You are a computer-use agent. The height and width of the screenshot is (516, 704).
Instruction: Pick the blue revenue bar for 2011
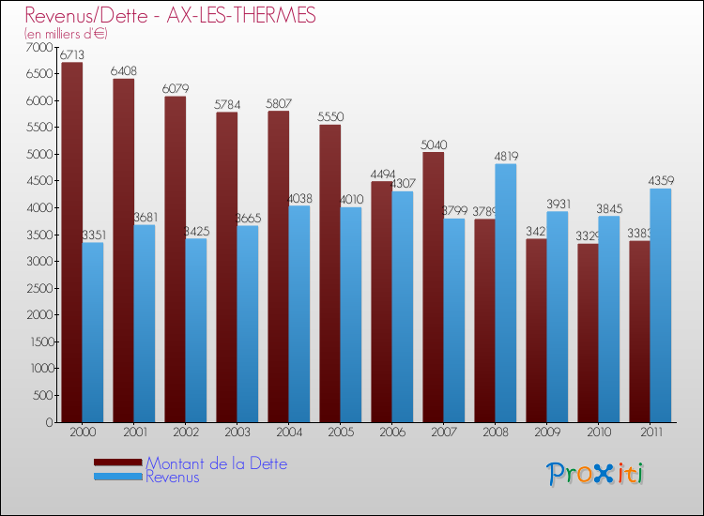tap(661, 305)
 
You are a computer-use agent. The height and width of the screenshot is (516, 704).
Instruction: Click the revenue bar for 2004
tap(299, 313)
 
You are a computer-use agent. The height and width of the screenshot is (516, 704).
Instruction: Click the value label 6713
tap(71, 55)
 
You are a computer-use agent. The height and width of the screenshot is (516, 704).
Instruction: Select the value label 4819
tap(506, 157)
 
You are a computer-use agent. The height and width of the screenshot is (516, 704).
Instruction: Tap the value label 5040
tap(433, 144)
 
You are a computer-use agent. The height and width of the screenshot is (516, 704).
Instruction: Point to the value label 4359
tap(661, 181)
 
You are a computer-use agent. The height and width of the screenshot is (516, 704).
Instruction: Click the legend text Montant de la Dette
tap(216, 463)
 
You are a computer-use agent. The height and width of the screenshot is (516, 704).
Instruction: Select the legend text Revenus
tap(173, 477)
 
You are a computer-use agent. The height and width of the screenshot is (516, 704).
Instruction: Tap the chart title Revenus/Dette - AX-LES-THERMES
tap(171, 16)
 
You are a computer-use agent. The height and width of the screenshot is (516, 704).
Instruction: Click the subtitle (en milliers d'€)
tap(67, 34)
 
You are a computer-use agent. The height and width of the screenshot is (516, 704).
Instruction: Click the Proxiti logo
tap(595, 473)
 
